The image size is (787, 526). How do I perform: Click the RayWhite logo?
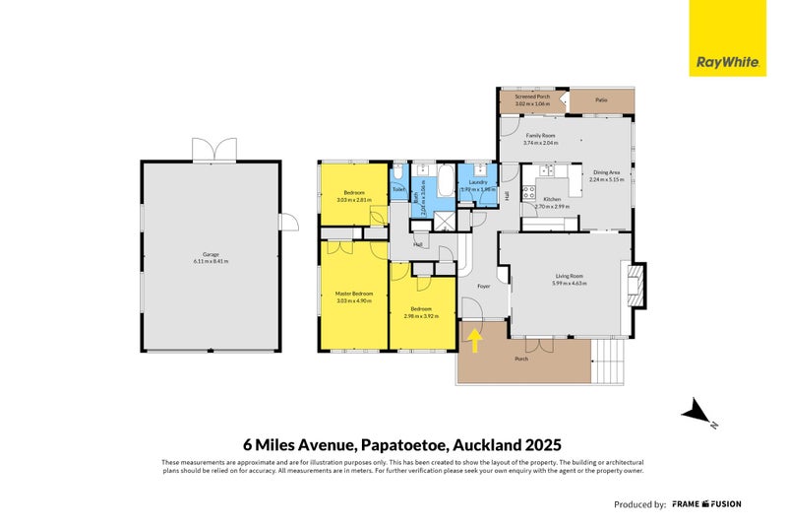pos(727,38)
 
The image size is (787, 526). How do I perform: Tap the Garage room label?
pos(211,254)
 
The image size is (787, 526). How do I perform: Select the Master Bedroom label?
pos(353,294)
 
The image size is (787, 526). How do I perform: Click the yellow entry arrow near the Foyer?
pos(475,341)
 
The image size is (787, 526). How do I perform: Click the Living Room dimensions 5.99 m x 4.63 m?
pos(569,284)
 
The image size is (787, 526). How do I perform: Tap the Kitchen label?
pos(552,200)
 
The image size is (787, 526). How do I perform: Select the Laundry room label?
pos(478,182)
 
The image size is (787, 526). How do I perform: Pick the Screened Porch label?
pos(530,96)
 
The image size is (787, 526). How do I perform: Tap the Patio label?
pos(601,99)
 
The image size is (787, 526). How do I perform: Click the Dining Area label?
pos(606,172)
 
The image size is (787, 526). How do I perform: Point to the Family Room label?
pos(540,136)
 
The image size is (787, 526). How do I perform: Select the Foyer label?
pos(483,286)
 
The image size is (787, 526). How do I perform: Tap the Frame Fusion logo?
pos(706,503)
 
